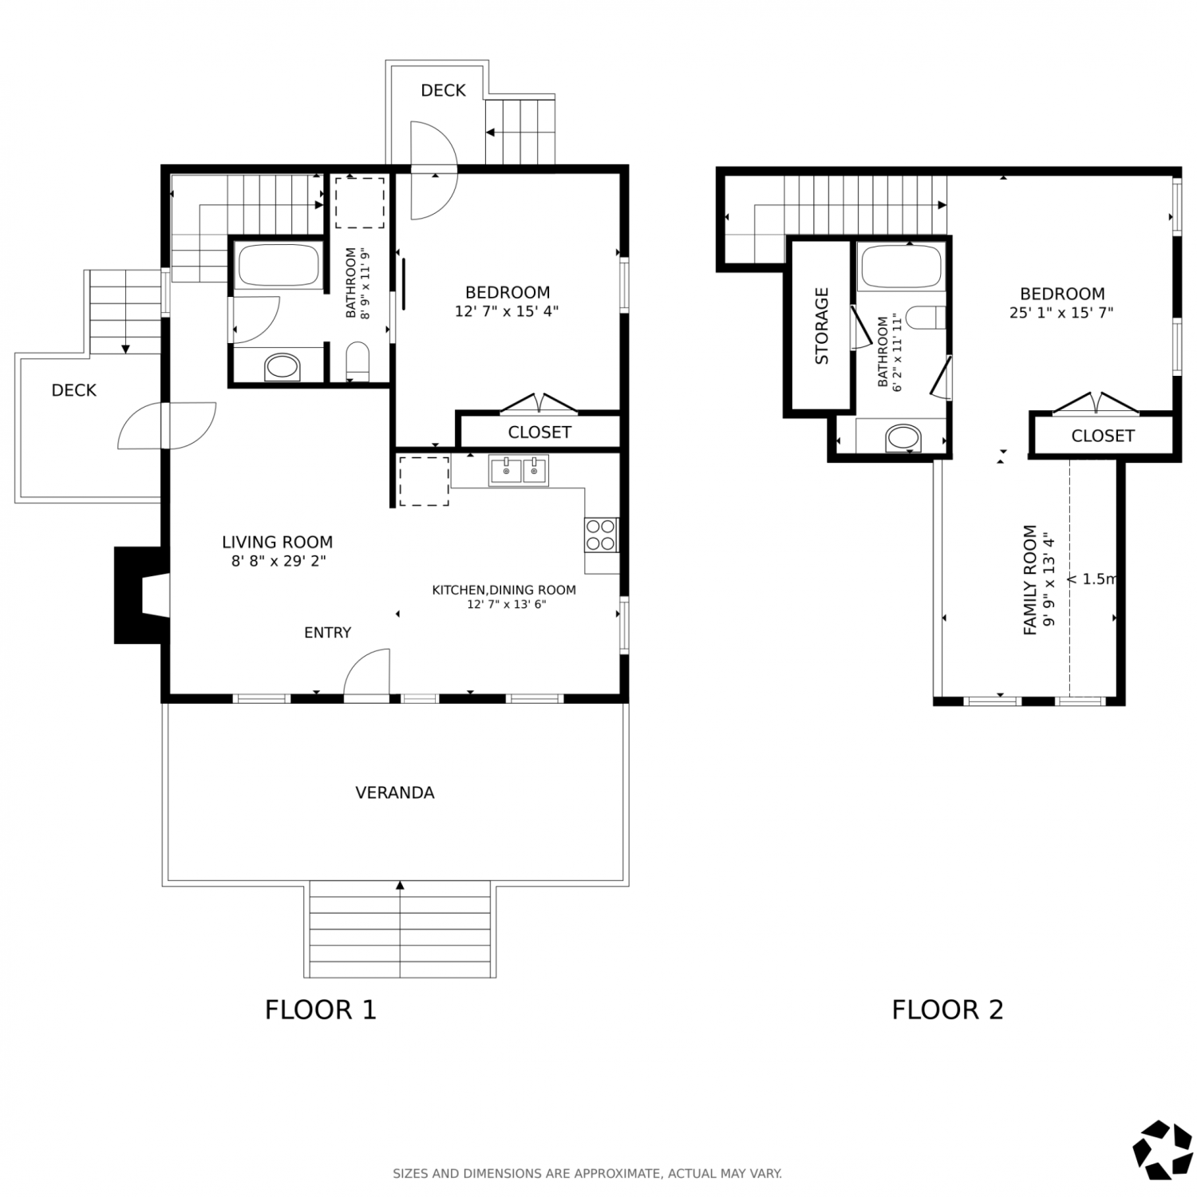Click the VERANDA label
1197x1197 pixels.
395,792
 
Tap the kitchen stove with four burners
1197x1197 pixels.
601,535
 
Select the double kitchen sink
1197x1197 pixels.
519,471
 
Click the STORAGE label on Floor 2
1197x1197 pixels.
822,326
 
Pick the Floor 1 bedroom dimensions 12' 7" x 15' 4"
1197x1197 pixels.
507,311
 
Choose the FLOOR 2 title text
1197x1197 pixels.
947,1009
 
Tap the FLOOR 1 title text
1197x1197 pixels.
320,1009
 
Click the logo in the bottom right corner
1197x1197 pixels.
1163,1150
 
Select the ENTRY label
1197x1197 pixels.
327,633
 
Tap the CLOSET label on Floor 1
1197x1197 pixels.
539,433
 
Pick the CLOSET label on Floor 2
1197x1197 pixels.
1103,436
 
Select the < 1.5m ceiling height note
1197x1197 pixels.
1092,579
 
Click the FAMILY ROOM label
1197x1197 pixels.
1030,580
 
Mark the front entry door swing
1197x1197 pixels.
366,675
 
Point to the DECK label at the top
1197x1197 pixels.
443,91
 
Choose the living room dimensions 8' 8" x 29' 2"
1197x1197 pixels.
279,561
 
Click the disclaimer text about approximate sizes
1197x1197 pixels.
587,1174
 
